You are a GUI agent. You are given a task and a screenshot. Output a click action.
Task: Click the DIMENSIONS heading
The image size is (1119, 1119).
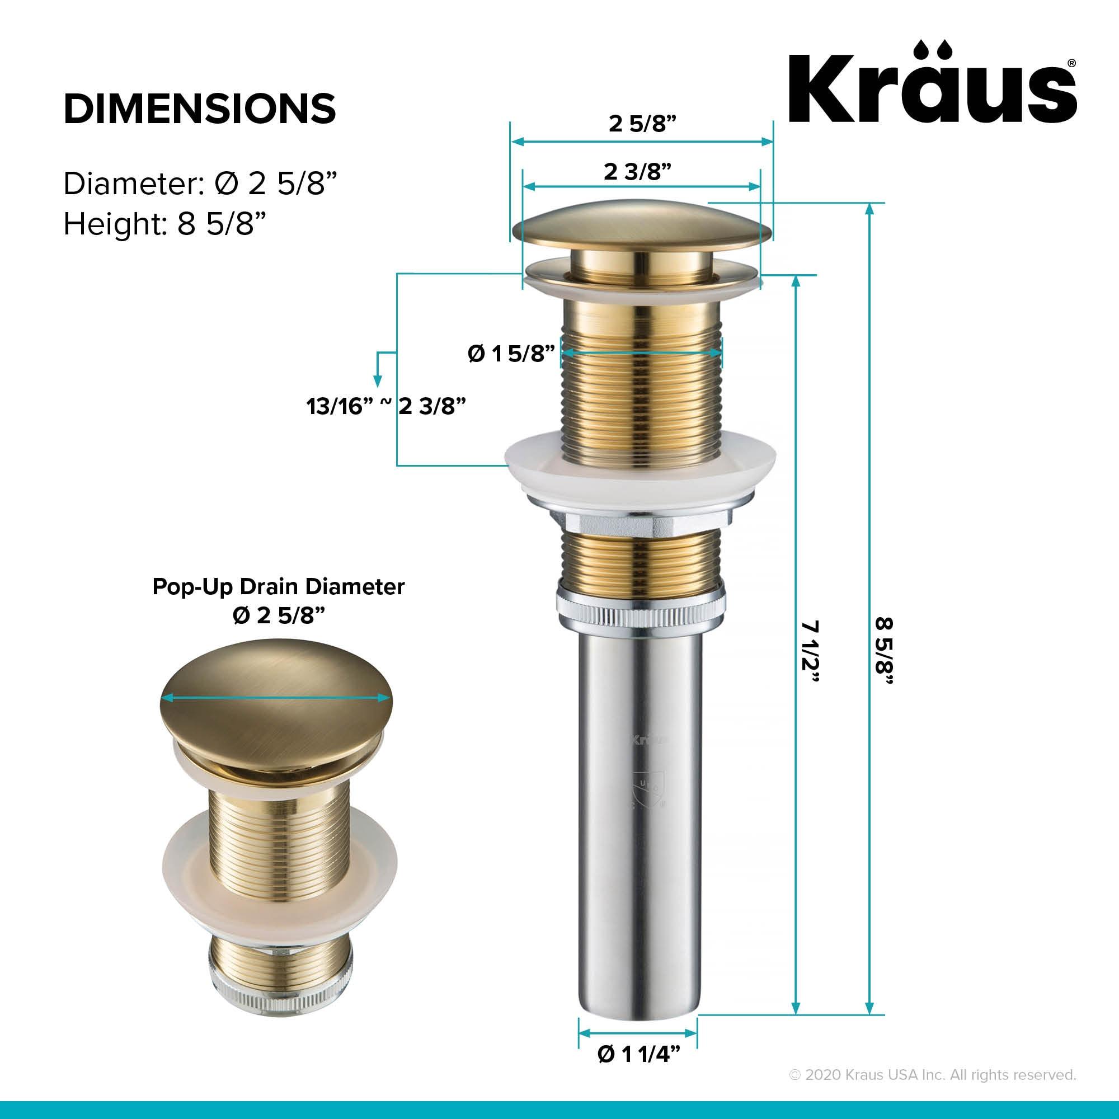(x=200, y=108)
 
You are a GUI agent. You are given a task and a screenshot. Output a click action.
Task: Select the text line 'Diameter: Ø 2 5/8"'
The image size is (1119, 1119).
(x=200, y=184)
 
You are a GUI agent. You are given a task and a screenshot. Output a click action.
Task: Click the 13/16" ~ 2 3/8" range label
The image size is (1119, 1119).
(x=386, y=407)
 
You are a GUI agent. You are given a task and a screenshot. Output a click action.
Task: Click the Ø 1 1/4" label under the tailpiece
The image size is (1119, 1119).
(x=638, y=1071)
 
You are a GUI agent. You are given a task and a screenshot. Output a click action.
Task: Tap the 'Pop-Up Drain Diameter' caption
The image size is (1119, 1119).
(x=278, y=587)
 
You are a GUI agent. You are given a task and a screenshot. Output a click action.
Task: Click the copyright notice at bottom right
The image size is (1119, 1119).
(x=933, y=1090)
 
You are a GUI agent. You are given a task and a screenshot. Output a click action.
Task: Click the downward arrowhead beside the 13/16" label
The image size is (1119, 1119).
(x=378, y=382)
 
